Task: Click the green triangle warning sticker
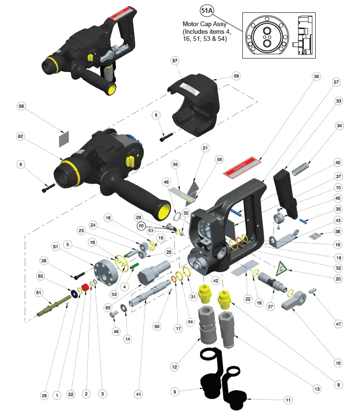(x=281, y=269)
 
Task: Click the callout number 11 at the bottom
(x=289, y=399)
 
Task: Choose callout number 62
(x=21, y=136)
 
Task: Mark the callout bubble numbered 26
(x=44, y=394)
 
